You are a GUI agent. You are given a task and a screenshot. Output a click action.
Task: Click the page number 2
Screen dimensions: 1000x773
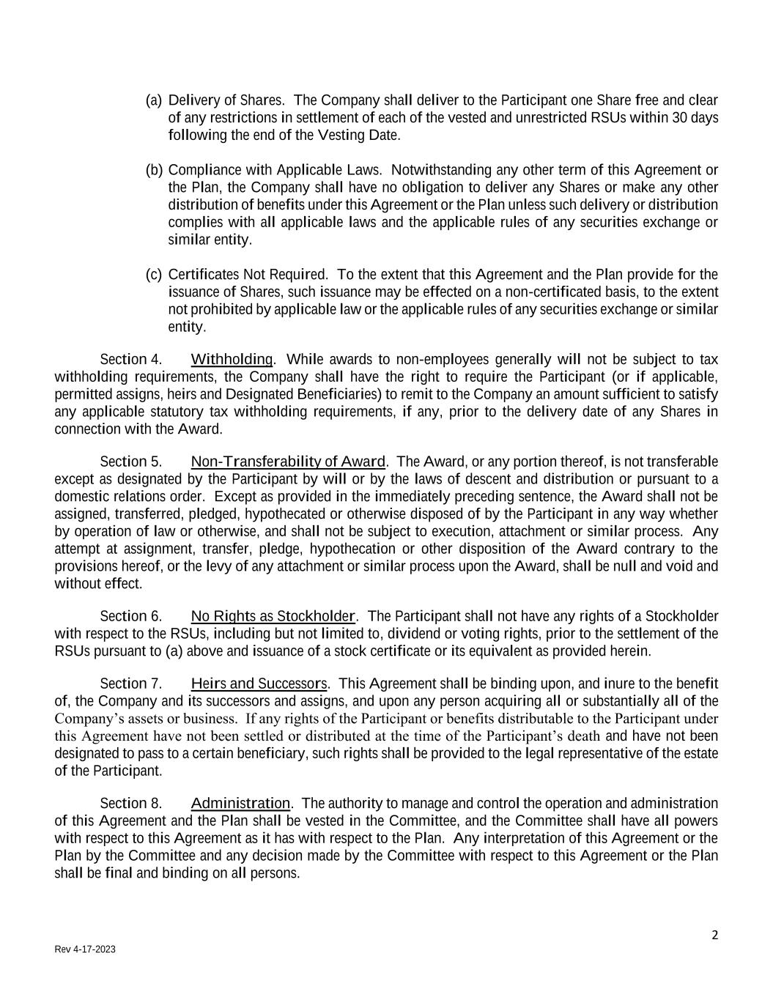714,935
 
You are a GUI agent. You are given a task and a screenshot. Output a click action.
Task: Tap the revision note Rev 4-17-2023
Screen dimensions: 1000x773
85,949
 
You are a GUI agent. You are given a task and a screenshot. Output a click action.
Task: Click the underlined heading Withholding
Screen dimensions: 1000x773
232,359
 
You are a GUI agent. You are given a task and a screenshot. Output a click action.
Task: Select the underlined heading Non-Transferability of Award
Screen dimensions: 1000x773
288,462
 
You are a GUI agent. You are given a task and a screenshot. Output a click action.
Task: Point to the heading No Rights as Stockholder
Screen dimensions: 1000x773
273,616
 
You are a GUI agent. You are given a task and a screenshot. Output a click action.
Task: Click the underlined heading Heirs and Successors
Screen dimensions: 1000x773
259,684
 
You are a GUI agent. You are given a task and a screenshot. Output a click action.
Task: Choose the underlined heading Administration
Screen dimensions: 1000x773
240,804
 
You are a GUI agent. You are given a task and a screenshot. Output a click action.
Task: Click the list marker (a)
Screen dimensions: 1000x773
154,100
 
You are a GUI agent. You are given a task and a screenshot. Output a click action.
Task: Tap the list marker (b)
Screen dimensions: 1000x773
154,170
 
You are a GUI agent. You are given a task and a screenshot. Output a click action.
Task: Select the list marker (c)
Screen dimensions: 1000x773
154,275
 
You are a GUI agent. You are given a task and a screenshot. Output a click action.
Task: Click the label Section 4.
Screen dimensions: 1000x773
130,360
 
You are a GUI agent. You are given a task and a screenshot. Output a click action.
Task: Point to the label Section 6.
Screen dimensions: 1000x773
130,616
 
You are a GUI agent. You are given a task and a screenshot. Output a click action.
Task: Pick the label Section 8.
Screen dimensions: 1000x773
130,804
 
